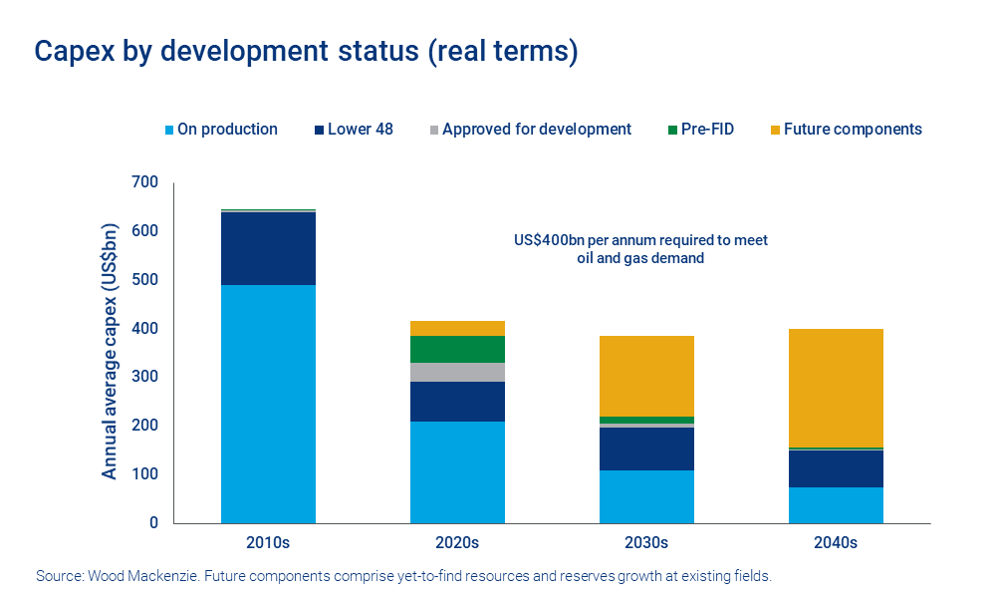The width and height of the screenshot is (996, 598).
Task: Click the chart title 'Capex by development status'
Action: coord(306,52)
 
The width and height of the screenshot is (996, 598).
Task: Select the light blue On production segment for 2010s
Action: coord(268,404)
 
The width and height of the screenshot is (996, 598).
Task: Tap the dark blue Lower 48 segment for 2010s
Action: coord(268,248)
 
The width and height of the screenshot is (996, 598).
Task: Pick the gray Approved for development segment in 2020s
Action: coord(457,372)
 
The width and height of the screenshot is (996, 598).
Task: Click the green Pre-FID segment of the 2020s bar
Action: coord(457,349)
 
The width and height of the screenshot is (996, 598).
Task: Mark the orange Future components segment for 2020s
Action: coord(457,328)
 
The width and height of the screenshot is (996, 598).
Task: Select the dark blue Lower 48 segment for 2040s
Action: coord(836,468)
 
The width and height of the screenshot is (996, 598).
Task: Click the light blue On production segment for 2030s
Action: coord(646,496)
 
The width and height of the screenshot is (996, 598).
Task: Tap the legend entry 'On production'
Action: coord(227,130)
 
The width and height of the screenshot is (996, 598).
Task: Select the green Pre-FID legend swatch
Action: coord(673,130)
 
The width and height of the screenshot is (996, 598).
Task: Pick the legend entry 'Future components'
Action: coord(853,130)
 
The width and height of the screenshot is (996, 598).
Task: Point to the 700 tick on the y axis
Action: coord(145,182)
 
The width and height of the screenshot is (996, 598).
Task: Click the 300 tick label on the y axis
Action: coord(145,377)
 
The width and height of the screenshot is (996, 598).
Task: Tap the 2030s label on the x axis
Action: coord(646,543)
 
